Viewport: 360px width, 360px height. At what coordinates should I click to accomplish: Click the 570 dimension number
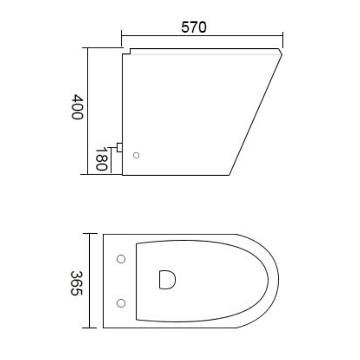click(x=194, y=27)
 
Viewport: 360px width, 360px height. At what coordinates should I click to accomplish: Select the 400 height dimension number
click(x=76, y=107)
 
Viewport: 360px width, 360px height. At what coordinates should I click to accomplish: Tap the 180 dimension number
click(x=100, y=159)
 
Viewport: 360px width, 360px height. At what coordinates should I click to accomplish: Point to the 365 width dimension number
click(x=76, y=283)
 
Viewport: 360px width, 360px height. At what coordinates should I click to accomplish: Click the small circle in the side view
click(x=136, y=155)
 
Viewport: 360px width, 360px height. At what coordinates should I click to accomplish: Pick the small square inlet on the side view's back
click(x=119, y=147)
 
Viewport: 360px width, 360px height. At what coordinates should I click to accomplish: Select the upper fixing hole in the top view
click(x=121, y=259)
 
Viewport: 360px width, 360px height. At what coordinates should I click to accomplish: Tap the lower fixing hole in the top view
click(x=121, y=303)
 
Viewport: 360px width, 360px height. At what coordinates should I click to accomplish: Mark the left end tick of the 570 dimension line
click(x=122, y=35)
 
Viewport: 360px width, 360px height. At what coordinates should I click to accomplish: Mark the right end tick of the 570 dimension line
click(x=283, y=35)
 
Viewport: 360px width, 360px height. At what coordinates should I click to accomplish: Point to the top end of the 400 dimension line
click(x=88, y=48)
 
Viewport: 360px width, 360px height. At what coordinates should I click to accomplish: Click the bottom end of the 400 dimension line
click(x=88, y=174)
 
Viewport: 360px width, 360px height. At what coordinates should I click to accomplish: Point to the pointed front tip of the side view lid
click(x=282, y=54)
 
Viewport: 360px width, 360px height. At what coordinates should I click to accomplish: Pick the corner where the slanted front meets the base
click(x=229, y=175)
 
